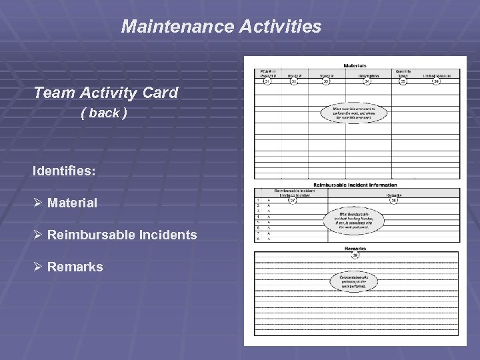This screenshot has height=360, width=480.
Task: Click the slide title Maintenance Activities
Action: (x=221, y=27)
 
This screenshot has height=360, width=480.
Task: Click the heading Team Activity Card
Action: (x=106, y=93)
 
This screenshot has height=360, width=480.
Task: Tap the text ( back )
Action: (x=103, y=113)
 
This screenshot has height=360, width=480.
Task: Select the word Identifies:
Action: (x=64, y=171)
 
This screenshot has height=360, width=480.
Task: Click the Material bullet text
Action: (x=72, y=203)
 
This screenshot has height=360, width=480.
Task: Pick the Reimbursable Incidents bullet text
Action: (x=122, y=235)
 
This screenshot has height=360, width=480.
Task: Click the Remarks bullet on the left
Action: (x=75, y=267)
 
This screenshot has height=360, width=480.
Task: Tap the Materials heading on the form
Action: (x=355, y=65)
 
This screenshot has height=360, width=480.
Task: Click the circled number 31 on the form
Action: (x=267, y=81)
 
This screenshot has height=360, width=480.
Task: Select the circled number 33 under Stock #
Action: (x=327, y=81)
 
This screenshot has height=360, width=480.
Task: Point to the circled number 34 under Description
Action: (x=367, y=81)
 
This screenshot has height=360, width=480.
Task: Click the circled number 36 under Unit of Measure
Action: (x=437, y=81)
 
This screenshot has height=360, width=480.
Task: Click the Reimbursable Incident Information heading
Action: (x=355, y=185)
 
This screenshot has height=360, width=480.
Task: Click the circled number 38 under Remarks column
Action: (x=393, y=200)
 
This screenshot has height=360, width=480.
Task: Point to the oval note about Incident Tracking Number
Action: (x=353, y=221)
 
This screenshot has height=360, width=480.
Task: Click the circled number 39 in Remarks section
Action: (x=355, y=255)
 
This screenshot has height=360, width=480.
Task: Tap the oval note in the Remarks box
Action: (x=353, y=281)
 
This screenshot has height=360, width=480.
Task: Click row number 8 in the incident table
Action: (x=258, y=238)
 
